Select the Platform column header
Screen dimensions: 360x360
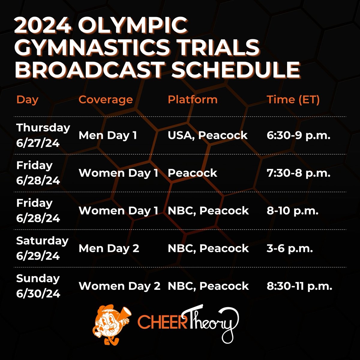(x=193, y=99)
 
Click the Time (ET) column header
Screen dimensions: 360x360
(x=293, y=99)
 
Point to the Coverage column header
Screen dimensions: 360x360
(x=106, y=99)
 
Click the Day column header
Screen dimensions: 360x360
(x=27, y=99)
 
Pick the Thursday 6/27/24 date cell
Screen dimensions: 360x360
(x=43, y=135)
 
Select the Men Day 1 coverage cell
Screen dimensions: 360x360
(x=108, y=135)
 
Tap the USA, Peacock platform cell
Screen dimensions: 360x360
(x=208, y=135)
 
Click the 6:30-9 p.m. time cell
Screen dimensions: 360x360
(x=298, y=135)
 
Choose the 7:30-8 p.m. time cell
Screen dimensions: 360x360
(x=298, y=173)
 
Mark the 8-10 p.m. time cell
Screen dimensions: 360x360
(x=292, y=211)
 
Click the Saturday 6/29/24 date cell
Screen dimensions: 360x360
(x=42, y=248)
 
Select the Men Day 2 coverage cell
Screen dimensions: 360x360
(x=109, y=248)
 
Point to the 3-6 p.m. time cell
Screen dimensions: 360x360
(x=290, y=248)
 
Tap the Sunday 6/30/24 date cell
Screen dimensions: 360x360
(x=38, y=286)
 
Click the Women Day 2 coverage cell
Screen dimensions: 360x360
(x=119, y=286)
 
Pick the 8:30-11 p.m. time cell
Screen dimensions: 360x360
(x=299, y=286)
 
